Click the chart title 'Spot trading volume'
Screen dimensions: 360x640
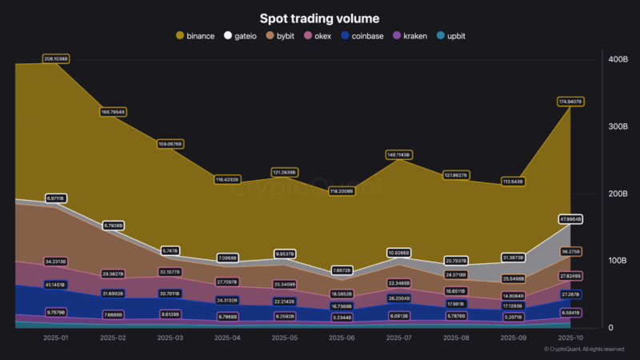tap(320, 18)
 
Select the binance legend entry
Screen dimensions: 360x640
tap(194, 36)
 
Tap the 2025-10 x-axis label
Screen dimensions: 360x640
tap(570, 338)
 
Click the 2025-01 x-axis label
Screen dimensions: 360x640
tap(56, 338)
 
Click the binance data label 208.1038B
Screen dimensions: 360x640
tap(56, 59)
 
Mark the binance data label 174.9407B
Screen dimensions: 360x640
tap(570, 102)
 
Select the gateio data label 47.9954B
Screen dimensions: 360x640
tap(570, 219)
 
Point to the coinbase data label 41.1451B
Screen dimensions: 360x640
tap(56, 285)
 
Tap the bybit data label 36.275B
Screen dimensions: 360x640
tap(570, 251)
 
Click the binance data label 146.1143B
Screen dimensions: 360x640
tap(398, 154)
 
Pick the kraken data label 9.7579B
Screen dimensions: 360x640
tap(56, 312)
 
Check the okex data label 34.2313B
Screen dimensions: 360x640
tap(56, 262)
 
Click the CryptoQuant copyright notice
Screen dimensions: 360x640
tap(584, 350)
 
